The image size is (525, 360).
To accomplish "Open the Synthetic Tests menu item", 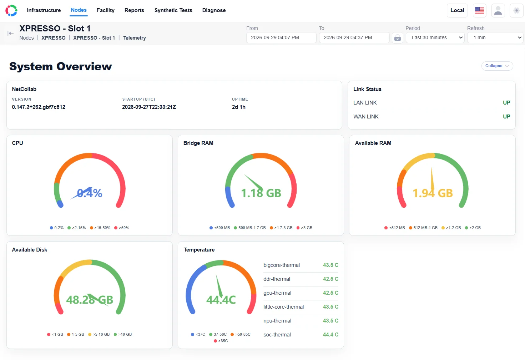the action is pyautogui.click(x=173, y=10).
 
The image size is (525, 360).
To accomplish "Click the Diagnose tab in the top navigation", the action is pyautogui.click(x=214, y=10).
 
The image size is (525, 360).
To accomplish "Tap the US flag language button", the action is pyautogui.click(x=479, y=10).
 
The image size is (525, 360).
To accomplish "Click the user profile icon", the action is pyautogui.click(x=498, y=10).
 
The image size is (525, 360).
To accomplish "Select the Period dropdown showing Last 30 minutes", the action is pyautogui.click(x=435, y=37).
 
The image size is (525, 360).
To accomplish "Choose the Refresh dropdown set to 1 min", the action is pyautogui.click(x=495, y=37).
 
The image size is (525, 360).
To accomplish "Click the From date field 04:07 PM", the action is pyautogui.click(x=281, y=37).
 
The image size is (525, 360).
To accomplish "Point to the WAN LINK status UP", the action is pyautogui.click(x=506, y=116).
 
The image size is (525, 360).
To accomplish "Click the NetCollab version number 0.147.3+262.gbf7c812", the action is pyautogui.click(x=39, y=107).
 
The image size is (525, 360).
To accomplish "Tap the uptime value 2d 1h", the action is pyautogui.click(x=239, y=107).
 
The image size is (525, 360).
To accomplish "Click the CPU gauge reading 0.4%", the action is pyautogui.click(x=90, y=193).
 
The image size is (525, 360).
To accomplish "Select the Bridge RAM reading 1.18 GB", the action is pyautogui.click(x=261, y=193).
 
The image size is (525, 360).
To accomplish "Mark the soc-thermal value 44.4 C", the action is pyautogui.click(x=330, y=334).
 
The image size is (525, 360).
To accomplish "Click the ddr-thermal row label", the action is pyautogui.click(x=277, y=279).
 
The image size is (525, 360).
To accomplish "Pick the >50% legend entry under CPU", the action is pyautogui.click(x=122, y=228).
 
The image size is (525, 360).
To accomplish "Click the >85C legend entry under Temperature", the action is pyautogui.click(x=221, y=341).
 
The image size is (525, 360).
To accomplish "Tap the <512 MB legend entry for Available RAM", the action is pyautogui.click(x=395, y=228).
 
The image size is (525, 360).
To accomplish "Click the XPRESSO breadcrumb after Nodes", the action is pyautogui.click(x=54, y=38).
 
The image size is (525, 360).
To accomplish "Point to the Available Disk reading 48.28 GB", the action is pyautogui.click(x=90, y=300).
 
